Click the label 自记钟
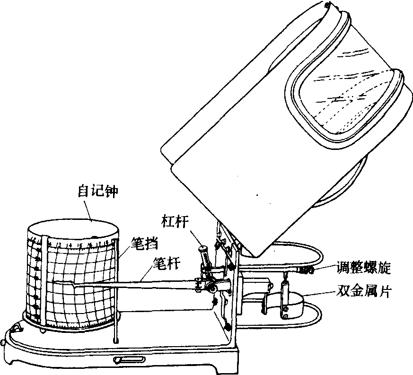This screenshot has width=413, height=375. pos(97,191)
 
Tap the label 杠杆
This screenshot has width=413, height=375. pos(175,221)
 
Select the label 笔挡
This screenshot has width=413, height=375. pos(145,244)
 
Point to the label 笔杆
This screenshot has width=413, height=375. pos(167,263)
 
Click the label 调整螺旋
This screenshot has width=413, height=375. pos(363,268)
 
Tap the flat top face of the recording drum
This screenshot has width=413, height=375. pos(73,230)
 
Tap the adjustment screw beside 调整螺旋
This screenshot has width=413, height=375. pos(305,270)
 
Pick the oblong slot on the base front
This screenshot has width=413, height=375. pos(129,359)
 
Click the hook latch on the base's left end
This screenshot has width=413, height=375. pos(17,328)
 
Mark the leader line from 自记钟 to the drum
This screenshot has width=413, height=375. pos(87,210)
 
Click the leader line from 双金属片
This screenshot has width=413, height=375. pos(319,294)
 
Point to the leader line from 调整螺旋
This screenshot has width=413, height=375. pos(325,267)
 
